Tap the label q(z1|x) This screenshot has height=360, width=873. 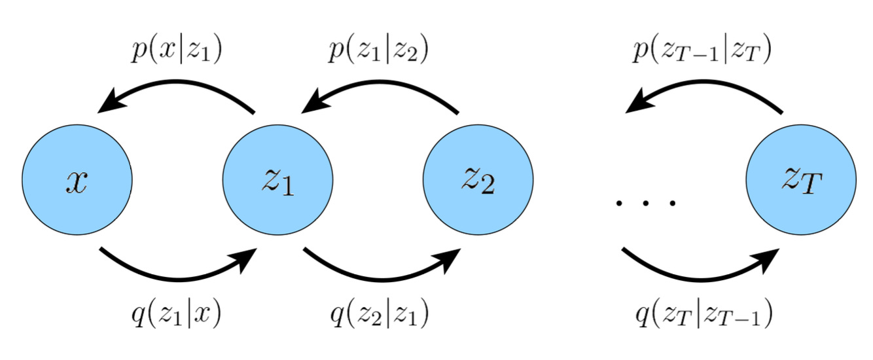[x=176, y=315]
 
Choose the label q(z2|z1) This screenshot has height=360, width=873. [x=378, y=315]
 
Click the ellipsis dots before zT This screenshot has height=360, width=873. [x=645, y=204]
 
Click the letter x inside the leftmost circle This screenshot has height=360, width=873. [x=77, y=181]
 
